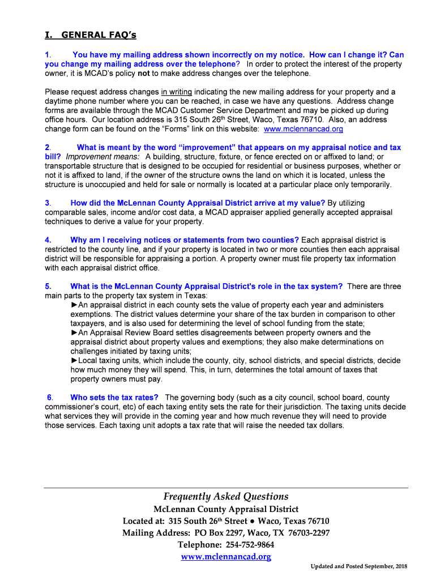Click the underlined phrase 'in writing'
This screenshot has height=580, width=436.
point(177,92)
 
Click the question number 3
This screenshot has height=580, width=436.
point(48,203)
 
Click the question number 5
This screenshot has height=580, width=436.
point(48,286)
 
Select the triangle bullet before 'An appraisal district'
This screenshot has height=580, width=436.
point(74,305)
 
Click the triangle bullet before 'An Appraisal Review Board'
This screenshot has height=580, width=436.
point(74,332)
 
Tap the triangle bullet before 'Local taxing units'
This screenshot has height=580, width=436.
point(74,360)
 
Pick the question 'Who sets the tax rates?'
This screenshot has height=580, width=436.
point(114,397)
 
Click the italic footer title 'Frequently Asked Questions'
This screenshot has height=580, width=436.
point(226,497)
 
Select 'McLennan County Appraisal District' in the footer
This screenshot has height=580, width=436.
point(226,509)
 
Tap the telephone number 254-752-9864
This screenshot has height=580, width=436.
point(249,545)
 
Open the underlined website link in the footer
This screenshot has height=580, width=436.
point(226,557)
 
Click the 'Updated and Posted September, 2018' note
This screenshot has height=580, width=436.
point(358,567)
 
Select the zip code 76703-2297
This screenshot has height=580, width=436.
point(309,533)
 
